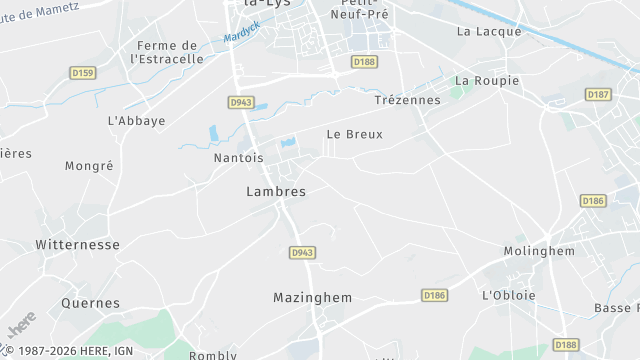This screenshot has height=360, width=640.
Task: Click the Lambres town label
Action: pos(276,190)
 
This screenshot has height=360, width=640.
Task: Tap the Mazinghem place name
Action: pos(313,297)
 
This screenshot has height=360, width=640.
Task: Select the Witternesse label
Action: pos(77,244)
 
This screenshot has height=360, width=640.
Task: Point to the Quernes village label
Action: pos(90,303)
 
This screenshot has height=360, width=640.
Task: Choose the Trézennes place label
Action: pos(407,100)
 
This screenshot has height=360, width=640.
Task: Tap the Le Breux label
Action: pos(355,134)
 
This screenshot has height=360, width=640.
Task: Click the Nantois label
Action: pos(239,158)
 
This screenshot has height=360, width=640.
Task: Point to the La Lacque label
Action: pos(489,31)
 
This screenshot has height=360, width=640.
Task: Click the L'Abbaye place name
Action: pos(136,120)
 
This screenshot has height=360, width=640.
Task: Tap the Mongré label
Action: pos(89,166)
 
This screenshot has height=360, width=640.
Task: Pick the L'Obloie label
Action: pos(509,295)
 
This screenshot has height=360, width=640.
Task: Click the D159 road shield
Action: pos(82,72)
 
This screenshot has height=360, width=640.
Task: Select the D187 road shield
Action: pos(598,94)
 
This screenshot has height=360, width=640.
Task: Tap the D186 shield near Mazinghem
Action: pos(434,295)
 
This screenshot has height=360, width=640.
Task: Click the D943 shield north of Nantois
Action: pos(241,102)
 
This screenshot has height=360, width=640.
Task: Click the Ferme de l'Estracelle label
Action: pos(167,52)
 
